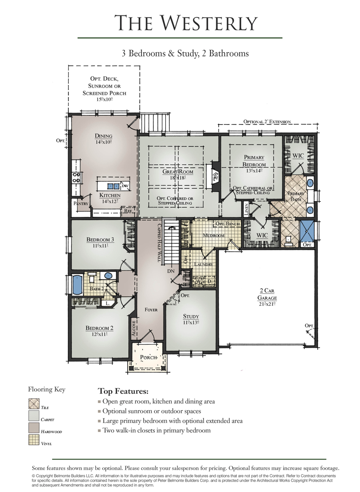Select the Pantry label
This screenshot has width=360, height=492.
click(81, 203)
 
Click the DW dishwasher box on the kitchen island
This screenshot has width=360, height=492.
click(125, 186)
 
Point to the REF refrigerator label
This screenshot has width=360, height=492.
click(128, 211)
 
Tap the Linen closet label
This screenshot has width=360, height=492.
click(246, 209)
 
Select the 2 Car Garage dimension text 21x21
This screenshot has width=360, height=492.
click(267, 304)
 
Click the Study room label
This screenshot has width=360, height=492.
click(191, 316)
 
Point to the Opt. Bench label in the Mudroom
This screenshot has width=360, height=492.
click(227, 224)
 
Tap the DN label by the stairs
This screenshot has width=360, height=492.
click(171, 271)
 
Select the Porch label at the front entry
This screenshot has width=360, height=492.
click(148, 357)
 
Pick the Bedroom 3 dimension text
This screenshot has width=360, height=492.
click(100, 246)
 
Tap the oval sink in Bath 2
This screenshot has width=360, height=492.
click(108, 276)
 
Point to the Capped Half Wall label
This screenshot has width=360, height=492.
click(159, 243)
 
